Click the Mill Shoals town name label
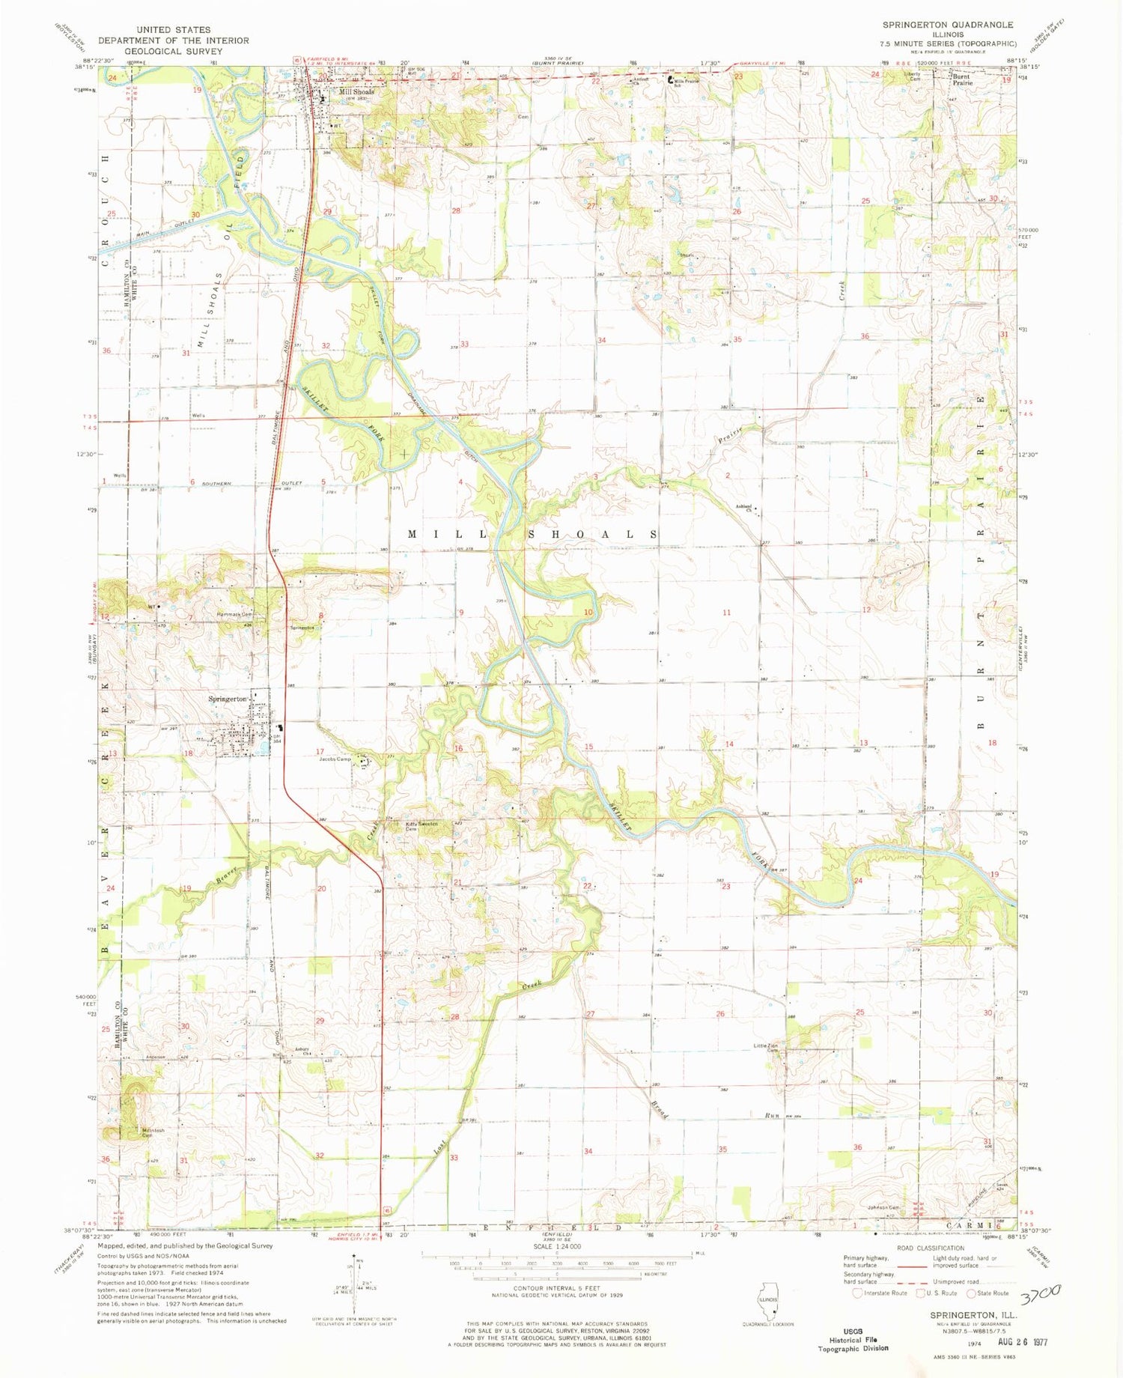coord(356,92)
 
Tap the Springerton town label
coord(228,699)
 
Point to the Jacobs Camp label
coord(335,759)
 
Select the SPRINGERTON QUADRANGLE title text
coord(948,25)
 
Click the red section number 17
coord(320,751)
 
